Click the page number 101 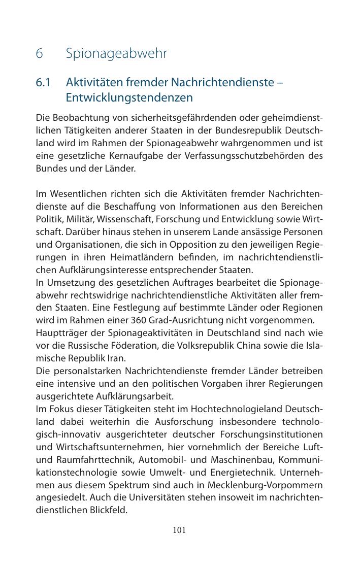pos(179,530)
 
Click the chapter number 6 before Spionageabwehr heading pos(39,53)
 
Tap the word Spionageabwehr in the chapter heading pos(116,53)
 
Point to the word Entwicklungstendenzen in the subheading pos(129,97)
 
